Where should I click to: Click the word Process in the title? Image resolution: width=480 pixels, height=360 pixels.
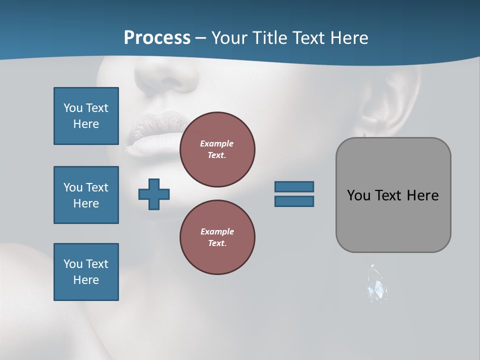click(157, 38)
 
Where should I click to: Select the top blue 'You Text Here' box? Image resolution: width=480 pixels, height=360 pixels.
click(86, 116)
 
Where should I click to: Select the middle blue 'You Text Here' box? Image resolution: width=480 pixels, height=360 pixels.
click(86, 195)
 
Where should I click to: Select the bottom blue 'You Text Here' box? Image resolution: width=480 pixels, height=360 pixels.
click(86, 272)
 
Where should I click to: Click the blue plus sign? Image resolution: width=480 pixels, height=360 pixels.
click(154, 194)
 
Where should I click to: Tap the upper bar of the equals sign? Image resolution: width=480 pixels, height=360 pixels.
click(294, 186)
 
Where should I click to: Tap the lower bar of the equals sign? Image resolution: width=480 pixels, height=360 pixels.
click(294, 201)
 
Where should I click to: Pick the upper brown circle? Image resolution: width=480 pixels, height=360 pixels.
click(217, 149)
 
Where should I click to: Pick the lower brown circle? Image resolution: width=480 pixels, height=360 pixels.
click(217, 237)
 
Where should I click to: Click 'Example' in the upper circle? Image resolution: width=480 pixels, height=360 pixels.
click(217, 143)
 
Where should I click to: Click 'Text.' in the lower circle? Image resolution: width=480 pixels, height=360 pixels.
click(217, 243)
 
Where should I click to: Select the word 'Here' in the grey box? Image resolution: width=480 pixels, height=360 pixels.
click(422, 195)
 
